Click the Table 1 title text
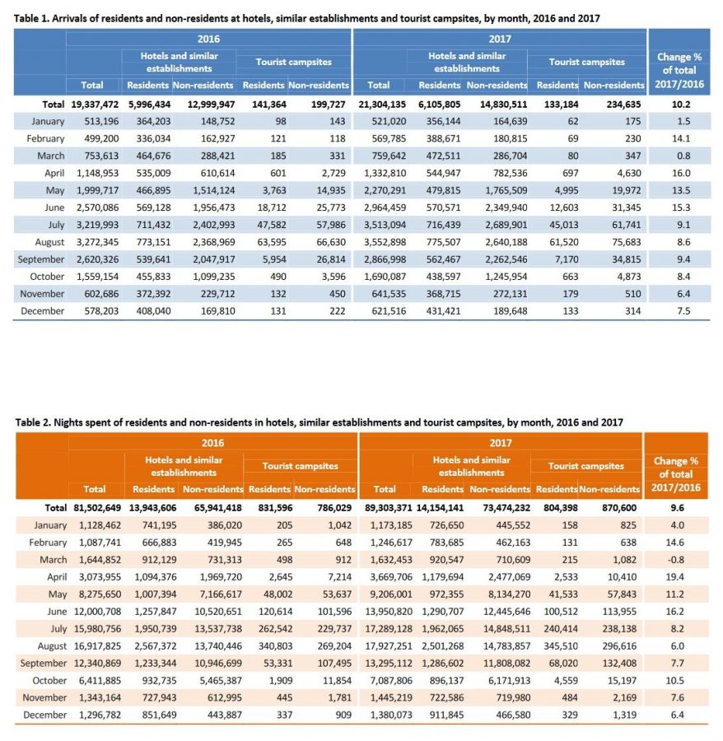(x=306, y=17)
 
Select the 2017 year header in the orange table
(x=501, y=442)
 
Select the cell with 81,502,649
(x=95, y=508)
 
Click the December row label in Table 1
(x=42, y=311)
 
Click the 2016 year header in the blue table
(x=208, y=39)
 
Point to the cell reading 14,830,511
(x=497, y=105)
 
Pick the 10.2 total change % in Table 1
(x=679, y=105)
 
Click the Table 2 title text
(x=319, y=422)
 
